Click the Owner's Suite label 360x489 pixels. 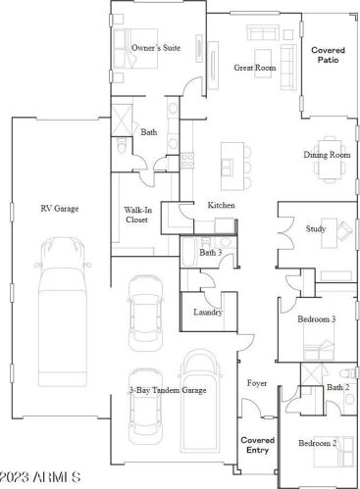[156, 48]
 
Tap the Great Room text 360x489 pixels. [255, 68]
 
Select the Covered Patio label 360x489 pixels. [328, 55]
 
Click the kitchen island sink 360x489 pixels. [228, 167]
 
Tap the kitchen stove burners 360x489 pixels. [187, 161]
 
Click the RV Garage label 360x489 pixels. [60, 209]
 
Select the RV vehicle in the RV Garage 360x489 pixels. [63, 312]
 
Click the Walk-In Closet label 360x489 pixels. [136, 215]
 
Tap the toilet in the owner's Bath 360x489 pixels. [121, 145]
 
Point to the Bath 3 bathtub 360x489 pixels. [188, 251]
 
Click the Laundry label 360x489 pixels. [208, 313]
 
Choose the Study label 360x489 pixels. [316, 228]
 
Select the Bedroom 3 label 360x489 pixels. [316, 319]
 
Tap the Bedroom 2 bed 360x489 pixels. [334, 452]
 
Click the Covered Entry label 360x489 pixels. [258, 445]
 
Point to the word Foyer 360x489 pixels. [257, 383]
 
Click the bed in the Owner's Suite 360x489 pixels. [135, 49]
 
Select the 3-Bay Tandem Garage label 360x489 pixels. [167, 390]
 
